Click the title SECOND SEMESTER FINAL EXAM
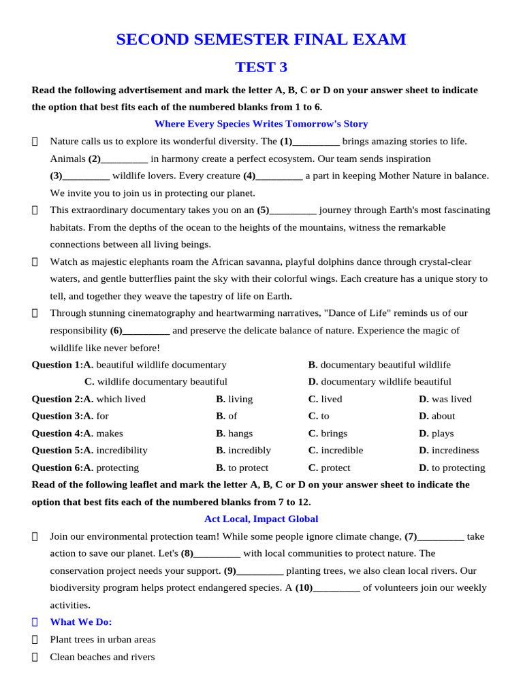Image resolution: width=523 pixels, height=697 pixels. [261, 40]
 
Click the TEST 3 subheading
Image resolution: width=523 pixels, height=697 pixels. [261, 67]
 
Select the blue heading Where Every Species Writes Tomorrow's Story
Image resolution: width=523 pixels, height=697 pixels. [261, 124]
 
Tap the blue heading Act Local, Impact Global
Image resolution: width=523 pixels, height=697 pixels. [261, 519]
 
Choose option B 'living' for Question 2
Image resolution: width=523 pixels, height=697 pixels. [234, 399]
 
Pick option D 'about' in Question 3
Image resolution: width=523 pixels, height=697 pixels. [437, 416]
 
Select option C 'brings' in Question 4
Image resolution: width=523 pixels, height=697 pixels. [328, 434]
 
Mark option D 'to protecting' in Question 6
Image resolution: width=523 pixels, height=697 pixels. [452, 468]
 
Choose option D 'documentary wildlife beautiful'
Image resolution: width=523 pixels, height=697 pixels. [379, 382]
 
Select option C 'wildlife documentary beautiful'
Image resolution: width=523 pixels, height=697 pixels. [156, 382]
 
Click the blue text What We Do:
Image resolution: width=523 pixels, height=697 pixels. [81, 622]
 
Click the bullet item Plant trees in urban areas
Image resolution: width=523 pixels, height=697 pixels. [103, 640]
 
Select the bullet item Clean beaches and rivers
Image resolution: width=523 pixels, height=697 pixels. [102, 657]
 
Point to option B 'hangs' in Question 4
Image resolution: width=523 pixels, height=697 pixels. [234, 434]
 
